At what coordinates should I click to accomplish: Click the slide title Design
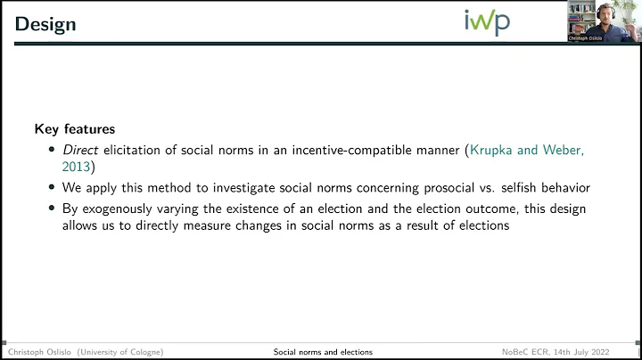45,24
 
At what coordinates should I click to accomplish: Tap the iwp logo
487,20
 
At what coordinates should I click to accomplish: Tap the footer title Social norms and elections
323,352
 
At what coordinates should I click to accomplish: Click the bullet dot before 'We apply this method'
53,188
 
